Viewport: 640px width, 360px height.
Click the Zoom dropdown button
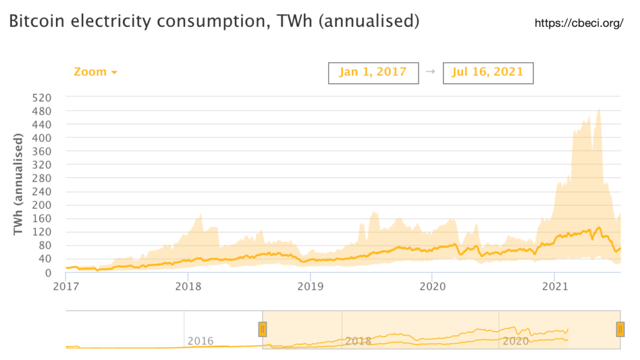[x=96, y=72]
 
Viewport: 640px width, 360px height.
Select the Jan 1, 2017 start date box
[x=373, y=72]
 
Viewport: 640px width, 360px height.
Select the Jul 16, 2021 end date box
[x=488, y=72]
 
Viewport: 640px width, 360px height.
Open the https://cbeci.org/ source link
[x=578, y=24]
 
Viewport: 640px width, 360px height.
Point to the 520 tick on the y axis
[x=42, y=98]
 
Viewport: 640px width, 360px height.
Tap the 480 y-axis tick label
[x=42, y=111]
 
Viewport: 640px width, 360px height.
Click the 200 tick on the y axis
[x=42, y=205]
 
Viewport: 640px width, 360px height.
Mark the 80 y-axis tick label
[x=45, y=246]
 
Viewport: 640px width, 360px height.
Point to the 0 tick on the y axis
[x=48, y=272]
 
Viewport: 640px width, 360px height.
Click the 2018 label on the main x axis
[x=188, y=287]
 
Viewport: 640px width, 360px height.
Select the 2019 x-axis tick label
[x=309, y=287]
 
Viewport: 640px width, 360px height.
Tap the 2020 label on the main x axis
[x=432, y=287]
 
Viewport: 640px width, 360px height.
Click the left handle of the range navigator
[x=262, y=329]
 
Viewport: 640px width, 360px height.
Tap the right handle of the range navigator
[x=620, y=329]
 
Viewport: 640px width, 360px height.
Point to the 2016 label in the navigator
[x=200, y=341]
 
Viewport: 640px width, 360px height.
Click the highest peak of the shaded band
[x=599, y=109]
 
